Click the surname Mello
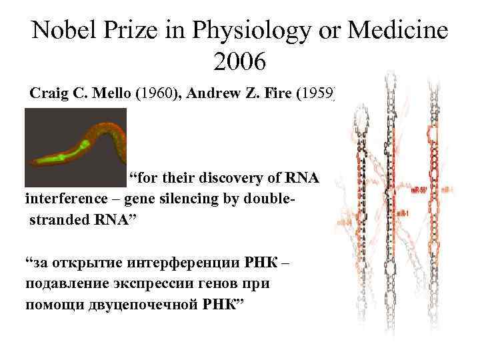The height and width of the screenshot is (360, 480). [x=111, y=93]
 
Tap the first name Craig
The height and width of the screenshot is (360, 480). [x=51, y=93]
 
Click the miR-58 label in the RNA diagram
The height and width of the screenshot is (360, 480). [x=420, y=190]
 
